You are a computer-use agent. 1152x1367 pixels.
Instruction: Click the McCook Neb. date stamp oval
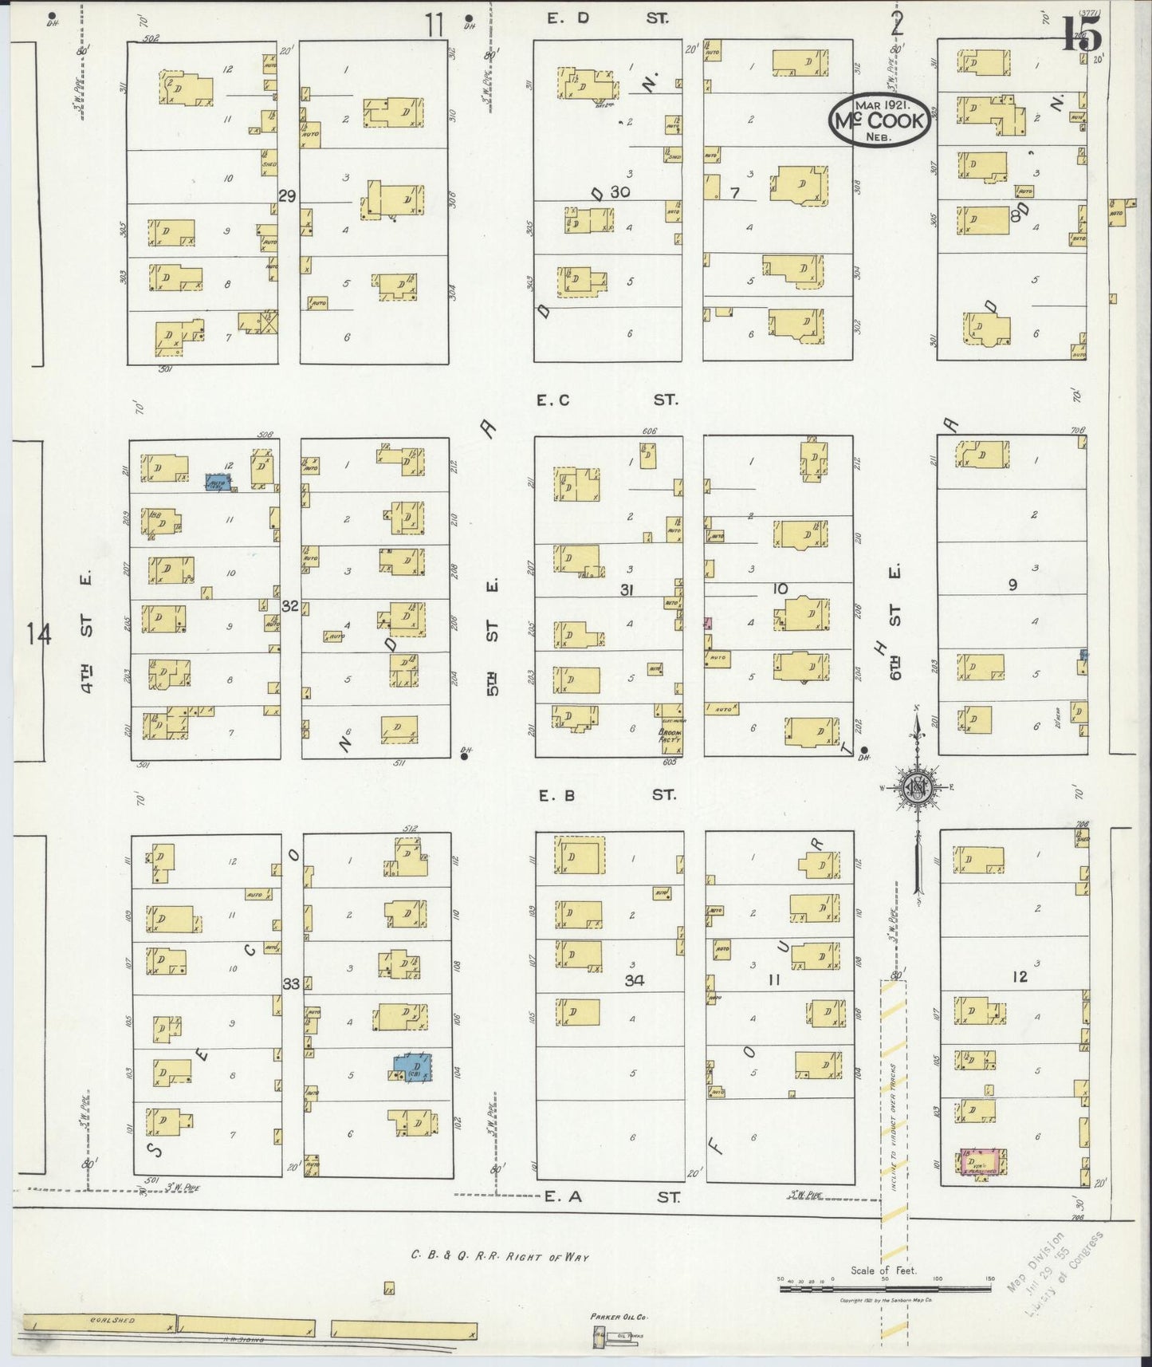pyautogui.click(x=879, y=120)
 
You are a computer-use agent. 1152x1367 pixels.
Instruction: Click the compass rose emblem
pyautogui.click(x=917, y=787)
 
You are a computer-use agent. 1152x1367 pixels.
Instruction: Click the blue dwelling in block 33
pyautogui.click(x=413, y=1067)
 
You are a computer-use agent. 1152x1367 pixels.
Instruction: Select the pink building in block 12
pyautogui.click(x=984, y=1164)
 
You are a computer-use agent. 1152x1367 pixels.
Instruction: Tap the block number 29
pyautogui.click(x=287, y=195)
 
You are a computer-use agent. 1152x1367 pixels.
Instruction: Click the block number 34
pyautogui.click(x=634, y=980)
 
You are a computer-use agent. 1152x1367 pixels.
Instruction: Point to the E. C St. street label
pyautogui.click(x=606, y=400)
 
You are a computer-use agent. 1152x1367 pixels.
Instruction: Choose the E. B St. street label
pyautogui.click(x=606, y=794)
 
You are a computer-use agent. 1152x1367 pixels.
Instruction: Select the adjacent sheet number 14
pyautogui.click(x=37, y=636)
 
